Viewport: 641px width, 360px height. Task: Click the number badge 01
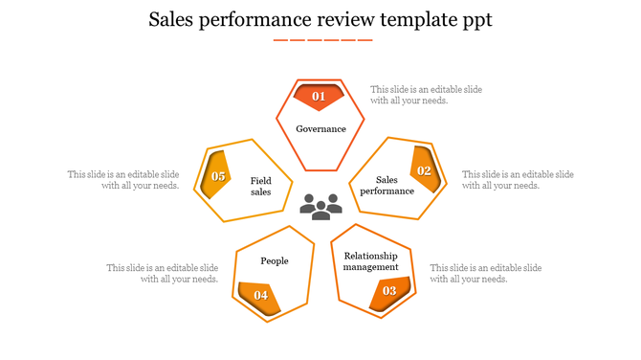tap(319, 96)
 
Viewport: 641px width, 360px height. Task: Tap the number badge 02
tap(424, 170)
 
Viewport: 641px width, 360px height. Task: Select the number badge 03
tap(389, 290)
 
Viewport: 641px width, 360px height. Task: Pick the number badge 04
tap(260, 295)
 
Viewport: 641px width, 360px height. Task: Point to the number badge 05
tap(218, 176)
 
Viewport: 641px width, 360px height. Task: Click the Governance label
tap(320, 129)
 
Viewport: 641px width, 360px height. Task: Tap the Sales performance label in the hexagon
tap(387, 185)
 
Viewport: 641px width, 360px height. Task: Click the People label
tap(275, 260)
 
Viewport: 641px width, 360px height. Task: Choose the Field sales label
tap(261, 186)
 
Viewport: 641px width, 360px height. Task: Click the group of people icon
tap(320, 205)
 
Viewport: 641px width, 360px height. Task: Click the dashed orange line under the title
tap(322, 40)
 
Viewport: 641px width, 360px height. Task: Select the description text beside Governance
tap(426, 95)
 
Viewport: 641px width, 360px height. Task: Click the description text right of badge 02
tap(518, 180)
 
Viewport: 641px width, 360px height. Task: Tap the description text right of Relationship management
tap(485, 273)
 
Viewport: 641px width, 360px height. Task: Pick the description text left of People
tap(163, 274)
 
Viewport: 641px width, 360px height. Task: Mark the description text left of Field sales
tap(123, 180)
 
